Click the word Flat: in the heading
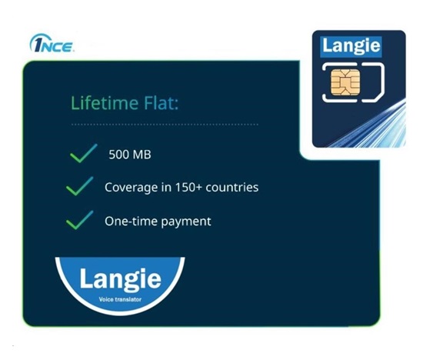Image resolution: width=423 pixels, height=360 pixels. (158, 102)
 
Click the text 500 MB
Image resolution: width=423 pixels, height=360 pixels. (129, 155)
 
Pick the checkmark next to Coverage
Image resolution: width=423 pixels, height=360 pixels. (81, 188)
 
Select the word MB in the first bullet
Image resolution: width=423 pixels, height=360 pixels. (141, 155)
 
